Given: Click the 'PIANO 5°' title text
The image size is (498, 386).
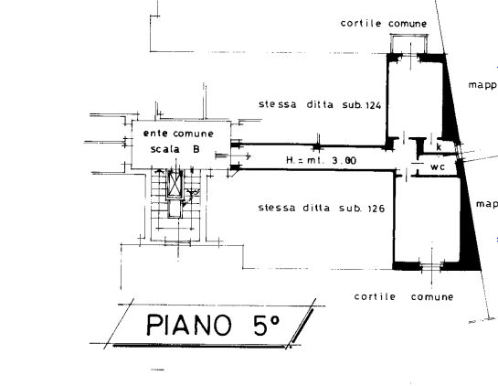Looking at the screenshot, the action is pos(214,325).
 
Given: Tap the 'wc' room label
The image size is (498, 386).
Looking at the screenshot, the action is pos(438,166).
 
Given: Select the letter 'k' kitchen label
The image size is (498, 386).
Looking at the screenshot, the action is pos(439,147).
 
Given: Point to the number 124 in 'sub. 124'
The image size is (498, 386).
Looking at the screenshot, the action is pos(374,105).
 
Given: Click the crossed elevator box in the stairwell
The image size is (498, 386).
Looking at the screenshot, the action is pos(175,184).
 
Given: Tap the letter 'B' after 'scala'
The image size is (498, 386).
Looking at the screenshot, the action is pos(196,149).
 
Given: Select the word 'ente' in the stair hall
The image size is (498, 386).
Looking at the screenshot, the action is pos(155,134).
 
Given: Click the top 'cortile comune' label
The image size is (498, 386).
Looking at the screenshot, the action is pos(384,24).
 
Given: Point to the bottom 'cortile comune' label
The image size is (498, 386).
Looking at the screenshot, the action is pos(404,296).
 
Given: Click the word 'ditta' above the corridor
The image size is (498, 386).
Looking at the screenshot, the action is pos(320,104).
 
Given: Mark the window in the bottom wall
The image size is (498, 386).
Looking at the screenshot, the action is pos(431,267).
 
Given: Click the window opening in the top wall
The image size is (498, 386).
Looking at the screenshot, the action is pos(409,58).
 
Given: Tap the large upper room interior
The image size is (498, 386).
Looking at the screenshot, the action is pos(415,100).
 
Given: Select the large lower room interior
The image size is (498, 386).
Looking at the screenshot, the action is pos(428,220).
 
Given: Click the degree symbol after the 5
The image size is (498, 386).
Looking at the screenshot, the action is pos(275,319).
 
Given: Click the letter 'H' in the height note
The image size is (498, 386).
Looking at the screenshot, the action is pos(290,160).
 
